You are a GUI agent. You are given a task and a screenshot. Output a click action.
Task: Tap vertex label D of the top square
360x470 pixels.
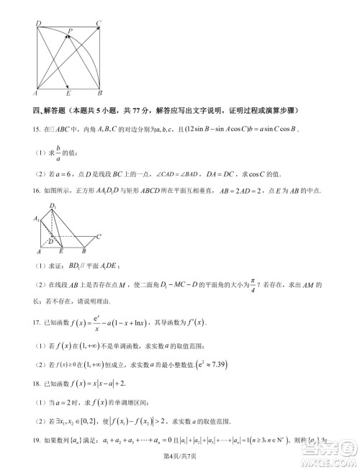[37, 24]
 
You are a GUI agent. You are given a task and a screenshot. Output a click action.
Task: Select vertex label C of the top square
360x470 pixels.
[98, 24]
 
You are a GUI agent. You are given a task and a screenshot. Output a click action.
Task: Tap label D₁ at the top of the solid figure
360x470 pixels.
[53, 207]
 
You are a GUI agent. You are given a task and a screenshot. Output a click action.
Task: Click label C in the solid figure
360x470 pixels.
[99, 236]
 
